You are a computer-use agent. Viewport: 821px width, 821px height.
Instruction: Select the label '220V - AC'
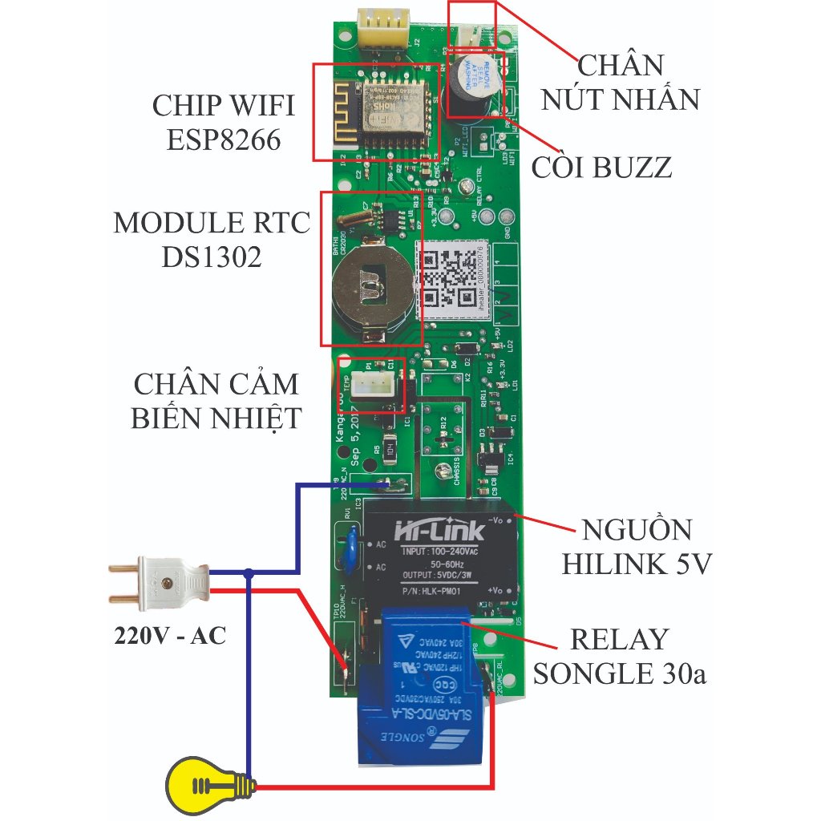[169, 637]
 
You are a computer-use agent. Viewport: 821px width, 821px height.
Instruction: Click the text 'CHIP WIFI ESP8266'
[224, 123]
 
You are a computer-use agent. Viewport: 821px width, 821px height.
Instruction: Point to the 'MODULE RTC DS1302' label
[212, 240]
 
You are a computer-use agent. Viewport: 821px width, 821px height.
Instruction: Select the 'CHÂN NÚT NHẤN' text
[621, 83]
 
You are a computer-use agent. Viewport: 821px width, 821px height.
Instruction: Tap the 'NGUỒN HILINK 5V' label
[637, 547]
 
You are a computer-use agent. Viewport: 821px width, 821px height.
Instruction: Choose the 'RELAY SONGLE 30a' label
[619, 656]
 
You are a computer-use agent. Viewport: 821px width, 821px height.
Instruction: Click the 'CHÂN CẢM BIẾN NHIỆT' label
[216, 400]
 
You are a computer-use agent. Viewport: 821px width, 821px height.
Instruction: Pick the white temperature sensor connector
[373, 385]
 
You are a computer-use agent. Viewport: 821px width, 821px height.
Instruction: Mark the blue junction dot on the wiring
[249, 572]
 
